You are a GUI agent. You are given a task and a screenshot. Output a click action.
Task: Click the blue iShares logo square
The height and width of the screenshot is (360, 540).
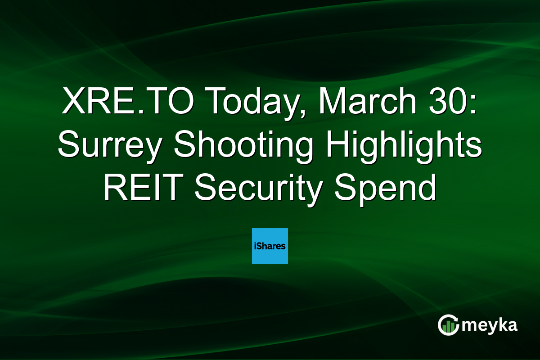[x=270, y=246]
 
